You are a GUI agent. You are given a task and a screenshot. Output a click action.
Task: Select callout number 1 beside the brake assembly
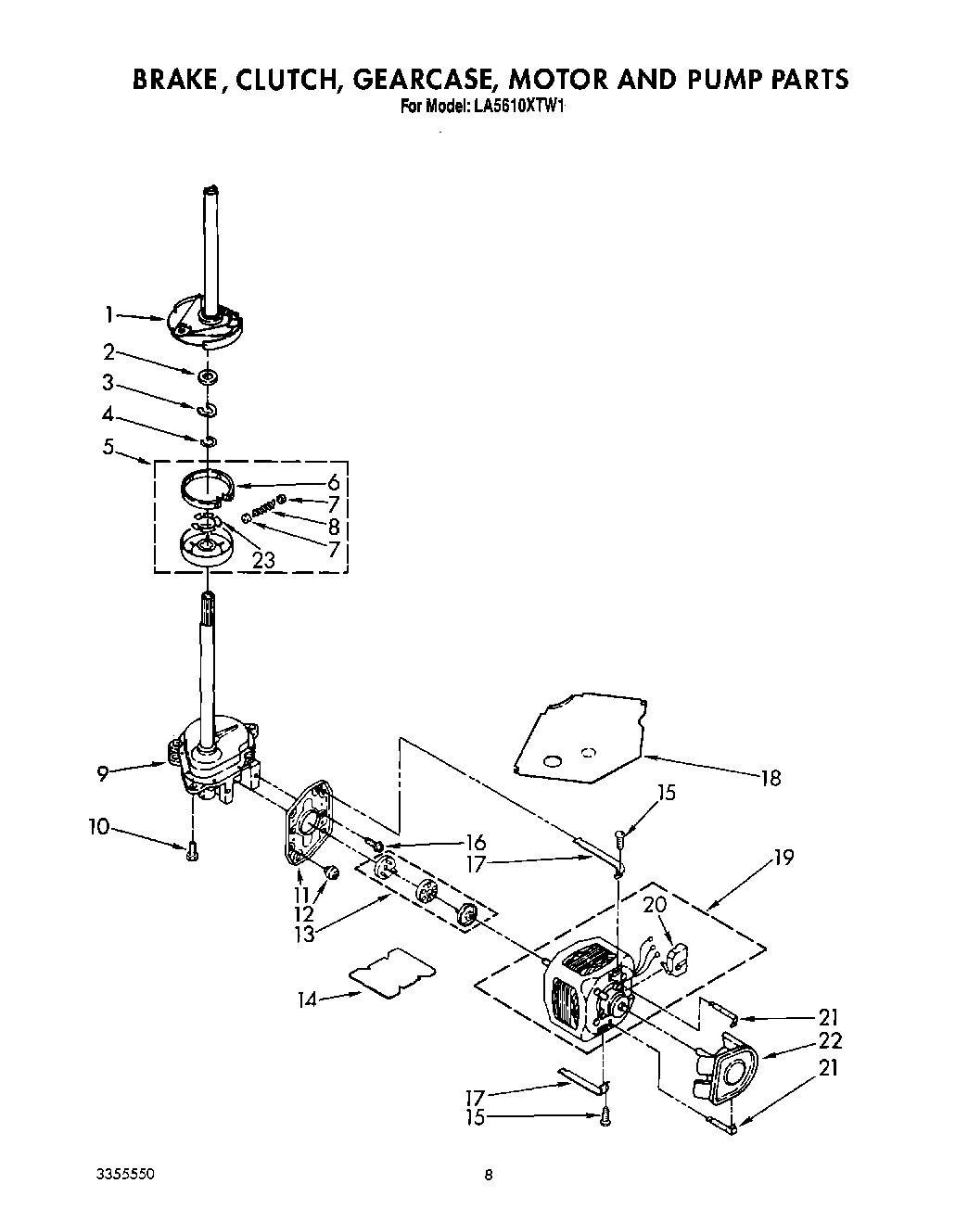pos(110,315)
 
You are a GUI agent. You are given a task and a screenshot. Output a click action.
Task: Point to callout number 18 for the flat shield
pos(770,777)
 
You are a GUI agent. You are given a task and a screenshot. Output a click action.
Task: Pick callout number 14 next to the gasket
pos(308,999)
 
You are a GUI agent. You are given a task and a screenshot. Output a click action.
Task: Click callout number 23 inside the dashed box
pos(264,560)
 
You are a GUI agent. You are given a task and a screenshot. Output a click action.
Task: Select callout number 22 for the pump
pos(830,1040)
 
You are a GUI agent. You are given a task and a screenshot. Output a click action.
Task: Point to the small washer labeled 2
pos(207,376)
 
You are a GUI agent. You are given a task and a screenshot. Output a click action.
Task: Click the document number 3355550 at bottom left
pos(124,1173)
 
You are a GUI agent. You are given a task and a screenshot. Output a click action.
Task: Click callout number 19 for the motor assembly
pos(783,858)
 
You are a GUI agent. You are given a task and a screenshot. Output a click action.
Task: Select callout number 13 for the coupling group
pos(303,935)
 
